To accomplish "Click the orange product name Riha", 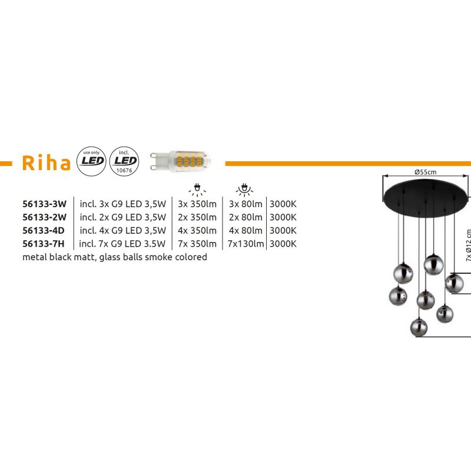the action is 47,163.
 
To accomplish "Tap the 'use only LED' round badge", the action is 91,161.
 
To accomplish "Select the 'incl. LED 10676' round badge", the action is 124,161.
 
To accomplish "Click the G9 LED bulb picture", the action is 180,161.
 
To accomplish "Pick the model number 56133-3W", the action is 44,204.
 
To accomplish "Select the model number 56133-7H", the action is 43,244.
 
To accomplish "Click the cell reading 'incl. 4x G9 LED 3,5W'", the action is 123,230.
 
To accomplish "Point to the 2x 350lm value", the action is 197,217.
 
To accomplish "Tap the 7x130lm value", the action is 246,244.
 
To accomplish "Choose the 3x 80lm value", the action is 246,204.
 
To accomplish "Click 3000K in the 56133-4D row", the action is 283,230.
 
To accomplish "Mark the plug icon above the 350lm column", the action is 197,189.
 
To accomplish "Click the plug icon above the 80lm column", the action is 244,189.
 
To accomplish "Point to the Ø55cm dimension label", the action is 425,172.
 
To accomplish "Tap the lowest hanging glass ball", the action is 419,327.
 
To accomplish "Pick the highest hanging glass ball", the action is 433,264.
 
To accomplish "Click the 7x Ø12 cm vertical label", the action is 468,246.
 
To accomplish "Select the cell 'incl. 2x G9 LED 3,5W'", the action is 123,217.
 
